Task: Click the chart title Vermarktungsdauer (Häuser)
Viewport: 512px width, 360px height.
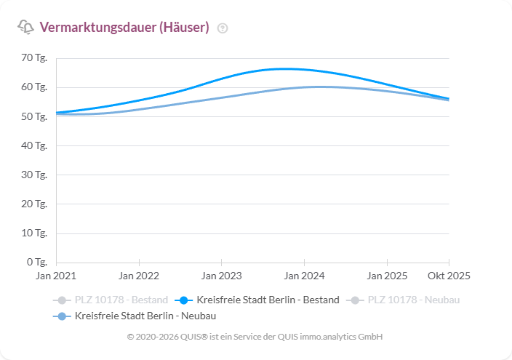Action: [124, 28]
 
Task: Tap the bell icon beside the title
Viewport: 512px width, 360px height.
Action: [25, 28]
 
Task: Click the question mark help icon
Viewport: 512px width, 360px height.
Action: [223, 28]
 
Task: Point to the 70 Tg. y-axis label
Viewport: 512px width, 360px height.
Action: [34, 58]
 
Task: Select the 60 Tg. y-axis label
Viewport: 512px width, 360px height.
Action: [34, 87]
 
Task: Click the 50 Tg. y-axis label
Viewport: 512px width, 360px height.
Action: [34, 116]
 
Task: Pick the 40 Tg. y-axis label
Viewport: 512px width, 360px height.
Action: [34, 145]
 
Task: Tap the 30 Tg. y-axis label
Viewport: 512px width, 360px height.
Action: [34, 175]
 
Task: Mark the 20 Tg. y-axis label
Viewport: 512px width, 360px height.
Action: [34, 204]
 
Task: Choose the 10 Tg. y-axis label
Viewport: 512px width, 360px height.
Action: [34, 233]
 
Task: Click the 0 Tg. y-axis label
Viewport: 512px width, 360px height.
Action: [36, 262]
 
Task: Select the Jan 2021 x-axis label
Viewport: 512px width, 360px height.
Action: [56, 276]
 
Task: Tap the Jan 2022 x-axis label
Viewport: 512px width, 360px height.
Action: [139, 276]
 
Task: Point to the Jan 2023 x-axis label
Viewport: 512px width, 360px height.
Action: [221, 276]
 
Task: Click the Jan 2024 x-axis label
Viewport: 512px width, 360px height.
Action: [304, 276]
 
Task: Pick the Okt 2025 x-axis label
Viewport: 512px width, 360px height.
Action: [449, 276]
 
